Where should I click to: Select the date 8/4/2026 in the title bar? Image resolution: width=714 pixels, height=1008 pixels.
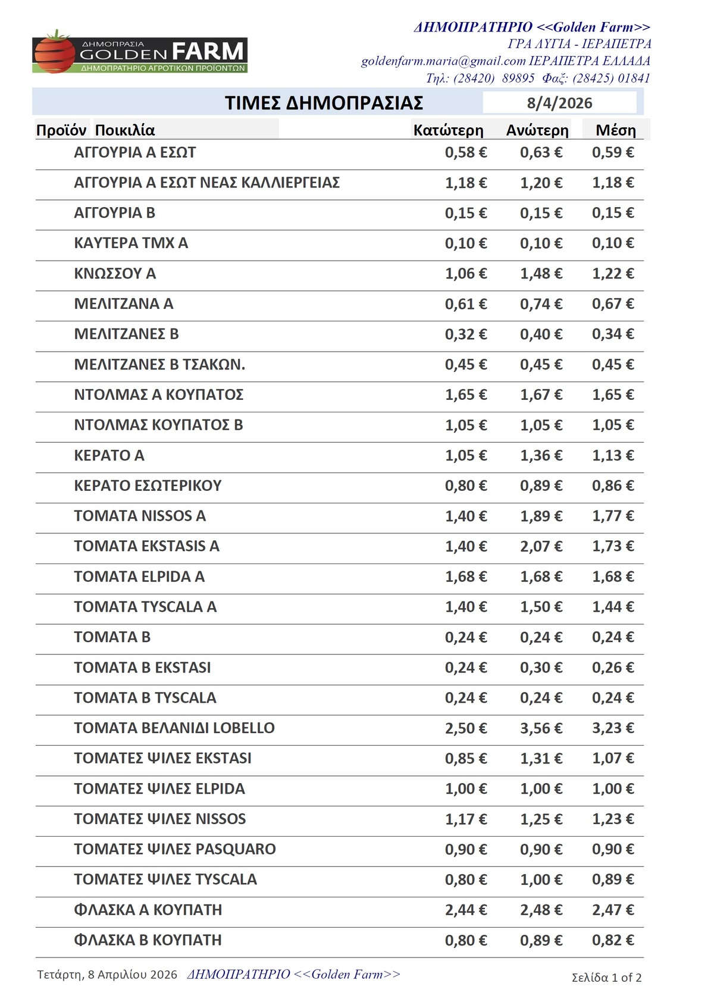point(559,103)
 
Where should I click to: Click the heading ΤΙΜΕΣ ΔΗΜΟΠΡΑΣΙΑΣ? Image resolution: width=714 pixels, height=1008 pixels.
point(324,103)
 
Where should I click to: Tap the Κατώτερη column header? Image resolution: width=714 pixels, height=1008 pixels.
point(448,130)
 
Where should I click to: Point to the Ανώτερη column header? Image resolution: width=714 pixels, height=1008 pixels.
point(537,130)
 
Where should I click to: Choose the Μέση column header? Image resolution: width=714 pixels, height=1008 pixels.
point(616,130)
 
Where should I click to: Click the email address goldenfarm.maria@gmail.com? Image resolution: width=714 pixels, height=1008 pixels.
point(443,61)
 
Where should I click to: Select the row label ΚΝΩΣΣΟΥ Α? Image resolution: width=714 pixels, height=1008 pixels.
point(115,274)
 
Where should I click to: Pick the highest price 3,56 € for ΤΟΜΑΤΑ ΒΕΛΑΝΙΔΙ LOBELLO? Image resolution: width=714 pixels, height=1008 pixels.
point(541,728)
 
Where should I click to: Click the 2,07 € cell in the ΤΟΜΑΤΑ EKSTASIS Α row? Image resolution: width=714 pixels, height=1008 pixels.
point(541,546)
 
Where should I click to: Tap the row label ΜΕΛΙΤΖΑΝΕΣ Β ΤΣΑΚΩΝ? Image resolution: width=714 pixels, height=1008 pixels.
point(159,365)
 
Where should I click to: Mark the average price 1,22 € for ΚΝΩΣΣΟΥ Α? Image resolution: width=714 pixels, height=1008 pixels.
point(613,274)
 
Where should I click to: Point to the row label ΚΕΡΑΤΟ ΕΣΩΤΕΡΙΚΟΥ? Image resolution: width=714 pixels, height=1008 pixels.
point(148,486)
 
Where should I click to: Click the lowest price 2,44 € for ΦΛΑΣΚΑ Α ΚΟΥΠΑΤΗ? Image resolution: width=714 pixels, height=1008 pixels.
point(466,910)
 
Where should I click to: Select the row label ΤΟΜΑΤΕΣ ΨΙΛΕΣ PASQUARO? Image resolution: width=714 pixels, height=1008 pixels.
point(175,849)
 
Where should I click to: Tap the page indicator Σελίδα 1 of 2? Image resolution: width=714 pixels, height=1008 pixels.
point(606,977)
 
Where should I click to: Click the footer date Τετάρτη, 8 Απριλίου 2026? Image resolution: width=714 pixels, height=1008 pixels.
point(107,975)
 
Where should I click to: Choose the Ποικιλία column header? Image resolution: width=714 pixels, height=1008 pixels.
point(125,130)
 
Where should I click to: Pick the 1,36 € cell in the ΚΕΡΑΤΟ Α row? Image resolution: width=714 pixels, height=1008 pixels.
point(541,456)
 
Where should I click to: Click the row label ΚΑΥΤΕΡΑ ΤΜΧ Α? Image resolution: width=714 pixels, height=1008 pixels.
point(131,243)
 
